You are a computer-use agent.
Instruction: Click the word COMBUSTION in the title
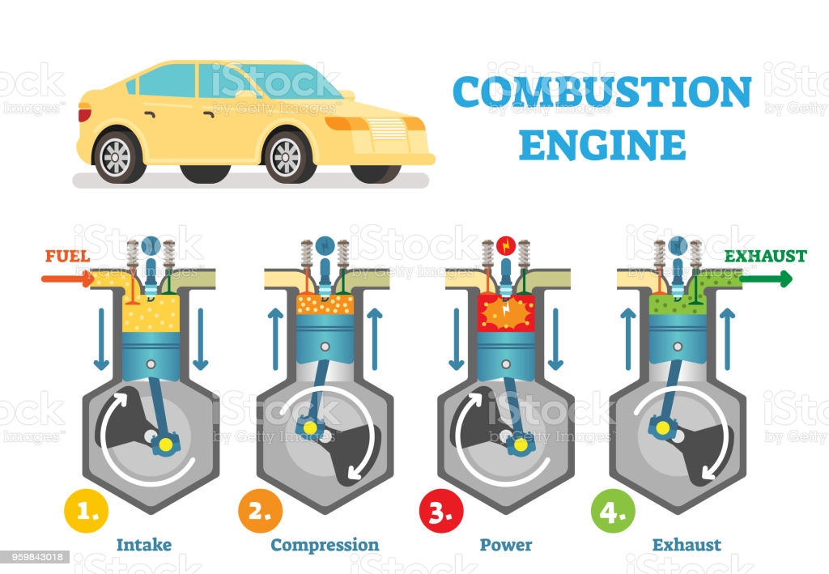coord(602,92)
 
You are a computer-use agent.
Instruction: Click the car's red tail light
coord(84,115)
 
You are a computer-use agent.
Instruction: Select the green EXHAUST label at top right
coord(765,257)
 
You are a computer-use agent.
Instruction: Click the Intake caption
coord(144,545)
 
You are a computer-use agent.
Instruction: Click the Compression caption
coord(325,545)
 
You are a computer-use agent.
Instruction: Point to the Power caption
coord(506,545)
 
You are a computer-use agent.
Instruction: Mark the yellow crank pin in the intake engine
coord(168,444)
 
